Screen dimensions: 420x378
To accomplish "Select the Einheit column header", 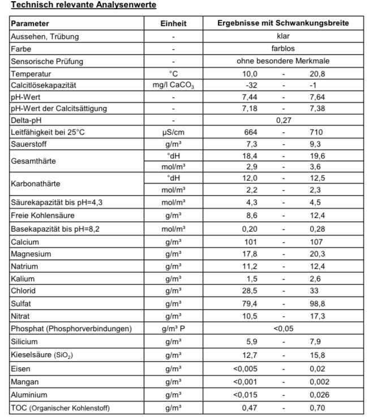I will (173, 24).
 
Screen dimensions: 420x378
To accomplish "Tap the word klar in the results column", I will (283, 37).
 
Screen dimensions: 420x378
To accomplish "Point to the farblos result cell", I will (283, 49).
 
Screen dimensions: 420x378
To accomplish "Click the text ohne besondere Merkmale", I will (283, 61).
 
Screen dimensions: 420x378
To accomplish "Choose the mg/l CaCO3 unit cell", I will (173, 85).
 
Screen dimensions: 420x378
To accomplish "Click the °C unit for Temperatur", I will (173, 74).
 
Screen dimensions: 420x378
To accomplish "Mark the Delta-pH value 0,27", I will (283, 121).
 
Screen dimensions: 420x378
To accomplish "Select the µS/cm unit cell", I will (173, 132).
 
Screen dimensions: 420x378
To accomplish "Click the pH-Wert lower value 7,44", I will (250, 97).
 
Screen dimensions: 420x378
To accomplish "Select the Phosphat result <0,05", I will (283, 329).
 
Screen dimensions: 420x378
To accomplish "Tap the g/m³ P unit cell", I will (173, 329).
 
